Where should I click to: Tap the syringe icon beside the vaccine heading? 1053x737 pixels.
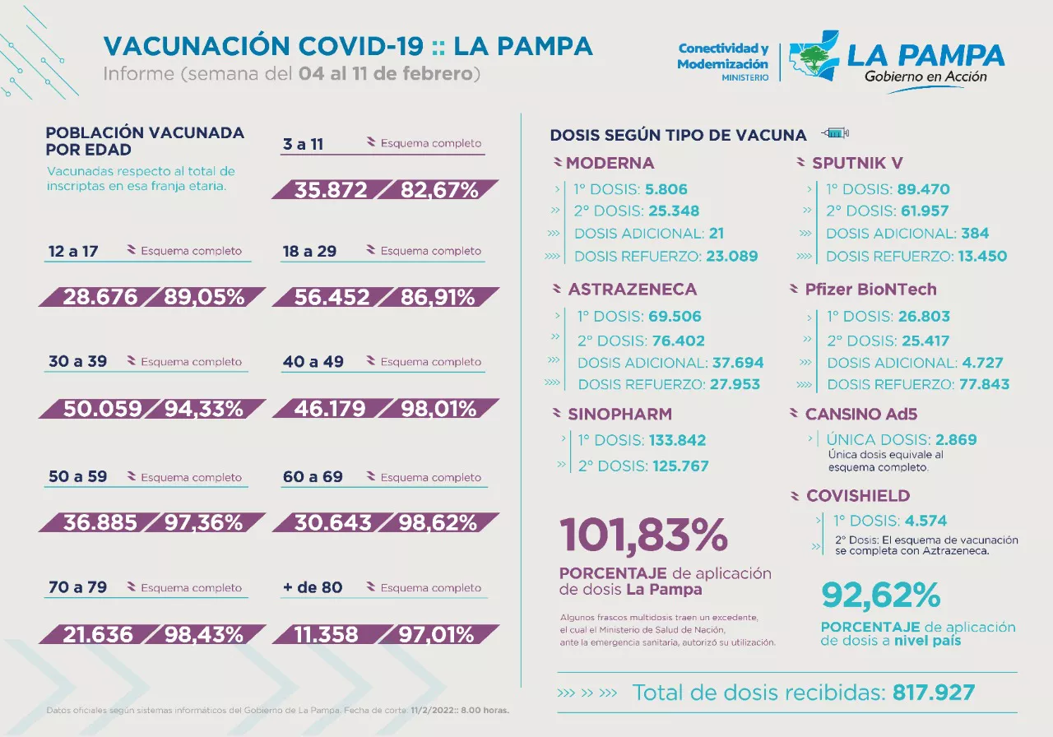[x=835, y=134]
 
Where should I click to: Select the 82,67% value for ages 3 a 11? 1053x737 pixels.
[x=439, y=190]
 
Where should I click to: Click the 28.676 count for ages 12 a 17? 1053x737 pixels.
[x=100, y=297]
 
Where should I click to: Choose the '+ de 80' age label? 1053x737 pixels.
[x=313, y=587]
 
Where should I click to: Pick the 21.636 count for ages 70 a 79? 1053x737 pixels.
[x=97, y=634]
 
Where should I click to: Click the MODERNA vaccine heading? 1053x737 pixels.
[x=610, y=163]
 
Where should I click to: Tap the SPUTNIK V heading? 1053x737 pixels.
[x=857, y=163]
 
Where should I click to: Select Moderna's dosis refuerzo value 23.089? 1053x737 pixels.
[x=731, y=256]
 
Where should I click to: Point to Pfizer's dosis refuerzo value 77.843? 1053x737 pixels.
[x=983, y=384]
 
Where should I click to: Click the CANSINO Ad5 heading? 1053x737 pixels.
[x=860, y=415]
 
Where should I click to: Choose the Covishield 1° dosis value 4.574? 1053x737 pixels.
[x=925, y=521]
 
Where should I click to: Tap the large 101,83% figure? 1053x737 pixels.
[x=643, y=535]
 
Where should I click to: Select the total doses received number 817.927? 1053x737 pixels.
[x=934, y=692]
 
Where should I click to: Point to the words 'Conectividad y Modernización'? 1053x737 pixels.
[x=722, y=57]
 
